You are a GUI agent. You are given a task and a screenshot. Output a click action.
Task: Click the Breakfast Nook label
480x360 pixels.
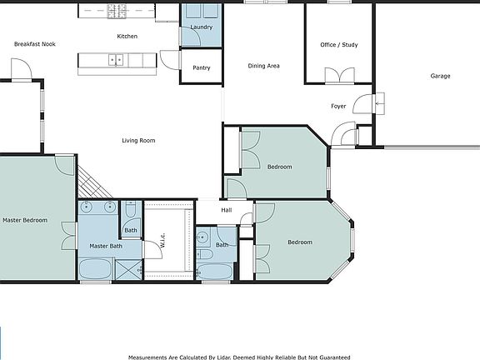35,44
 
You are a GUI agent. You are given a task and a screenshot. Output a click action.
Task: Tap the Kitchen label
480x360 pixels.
127,36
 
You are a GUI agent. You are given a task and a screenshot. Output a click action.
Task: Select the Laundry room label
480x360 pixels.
201,27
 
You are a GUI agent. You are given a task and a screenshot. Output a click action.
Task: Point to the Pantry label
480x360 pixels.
202,67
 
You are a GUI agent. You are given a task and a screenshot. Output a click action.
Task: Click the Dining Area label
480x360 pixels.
263,66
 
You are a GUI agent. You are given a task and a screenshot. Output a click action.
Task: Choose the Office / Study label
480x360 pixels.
339,45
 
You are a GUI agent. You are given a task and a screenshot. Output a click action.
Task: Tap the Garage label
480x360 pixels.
440,76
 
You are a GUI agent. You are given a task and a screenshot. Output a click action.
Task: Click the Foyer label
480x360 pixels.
338,106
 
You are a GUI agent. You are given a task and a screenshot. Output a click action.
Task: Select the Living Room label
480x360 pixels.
138,141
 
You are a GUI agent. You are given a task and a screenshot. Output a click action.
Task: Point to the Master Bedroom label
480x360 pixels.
25,220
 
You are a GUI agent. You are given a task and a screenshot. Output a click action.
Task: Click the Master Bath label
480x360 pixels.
106,246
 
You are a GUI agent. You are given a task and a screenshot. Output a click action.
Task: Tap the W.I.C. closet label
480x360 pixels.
162,240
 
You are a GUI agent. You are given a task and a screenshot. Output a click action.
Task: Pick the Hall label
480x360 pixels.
226,210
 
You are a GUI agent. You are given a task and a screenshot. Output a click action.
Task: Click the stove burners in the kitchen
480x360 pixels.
117,11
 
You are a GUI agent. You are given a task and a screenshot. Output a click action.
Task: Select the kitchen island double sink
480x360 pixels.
116,60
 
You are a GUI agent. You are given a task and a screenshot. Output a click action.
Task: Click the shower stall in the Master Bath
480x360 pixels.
129,269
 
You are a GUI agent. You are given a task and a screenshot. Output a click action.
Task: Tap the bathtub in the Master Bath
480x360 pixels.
96,268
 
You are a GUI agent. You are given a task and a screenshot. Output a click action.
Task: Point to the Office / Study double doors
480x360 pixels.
339,75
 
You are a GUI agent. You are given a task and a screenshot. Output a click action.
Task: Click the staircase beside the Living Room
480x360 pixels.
93,182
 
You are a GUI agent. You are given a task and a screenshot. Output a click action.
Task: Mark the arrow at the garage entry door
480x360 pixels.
380,104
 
